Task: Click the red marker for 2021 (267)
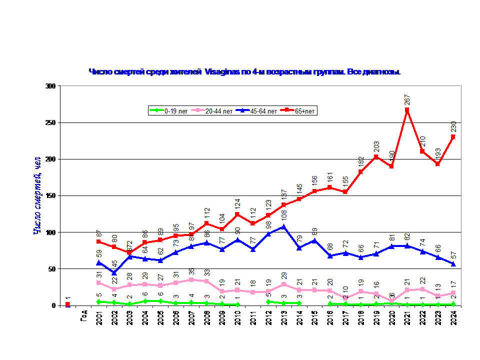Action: click(407, 110)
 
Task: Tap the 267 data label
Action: click(407, 98)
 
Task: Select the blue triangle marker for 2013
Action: click(283, 226)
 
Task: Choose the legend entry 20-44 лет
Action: click(216, 110)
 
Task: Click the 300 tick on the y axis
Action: click(49, 86)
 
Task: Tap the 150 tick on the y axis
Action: click(49, 195)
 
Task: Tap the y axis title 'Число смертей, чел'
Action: click(37, 195)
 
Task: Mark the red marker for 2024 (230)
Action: click(453, 137)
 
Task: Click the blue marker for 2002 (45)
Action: click(114, 272)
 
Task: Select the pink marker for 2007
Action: click(191, 279)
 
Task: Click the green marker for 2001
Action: click(98, 301)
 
